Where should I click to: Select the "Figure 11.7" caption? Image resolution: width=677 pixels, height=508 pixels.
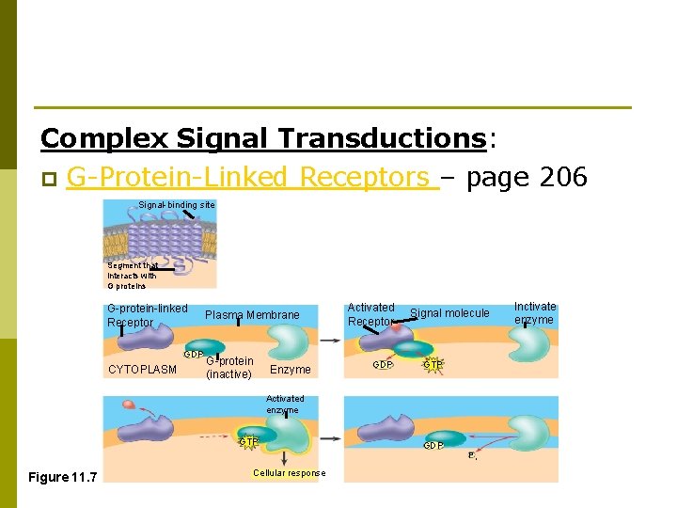[x=61, y=477]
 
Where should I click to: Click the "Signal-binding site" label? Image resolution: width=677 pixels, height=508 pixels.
[x=176, y=205]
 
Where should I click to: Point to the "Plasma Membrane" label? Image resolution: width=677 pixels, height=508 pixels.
[x=252, y=315]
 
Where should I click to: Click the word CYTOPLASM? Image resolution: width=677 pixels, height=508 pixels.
[x=142, y=370]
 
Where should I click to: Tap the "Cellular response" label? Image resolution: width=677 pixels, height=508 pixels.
[x=289, y=473]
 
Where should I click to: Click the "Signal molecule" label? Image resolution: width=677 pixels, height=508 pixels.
[x=449, y=313]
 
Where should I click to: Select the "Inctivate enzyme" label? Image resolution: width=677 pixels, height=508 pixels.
[x=534, y=313]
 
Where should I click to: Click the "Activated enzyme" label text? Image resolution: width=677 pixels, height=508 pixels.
[x=285, y=405]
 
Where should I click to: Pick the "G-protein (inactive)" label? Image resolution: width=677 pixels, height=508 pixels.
[x=228, y=368]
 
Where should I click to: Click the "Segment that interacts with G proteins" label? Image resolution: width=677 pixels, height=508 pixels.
[x=132, y=276]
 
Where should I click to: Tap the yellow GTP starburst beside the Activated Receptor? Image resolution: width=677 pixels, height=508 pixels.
[x=433, y=364]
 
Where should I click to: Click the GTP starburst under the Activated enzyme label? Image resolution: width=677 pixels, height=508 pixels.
[x=248, y=441]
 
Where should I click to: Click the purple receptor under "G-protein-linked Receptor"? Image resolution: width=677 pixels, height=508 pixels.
[x=141, y=340]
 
